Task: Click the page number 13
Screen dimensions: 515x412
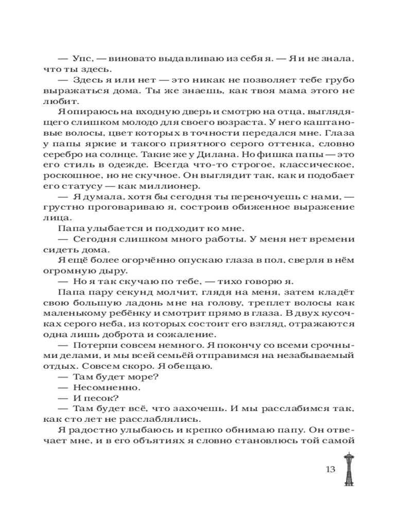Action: [330, 470]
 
